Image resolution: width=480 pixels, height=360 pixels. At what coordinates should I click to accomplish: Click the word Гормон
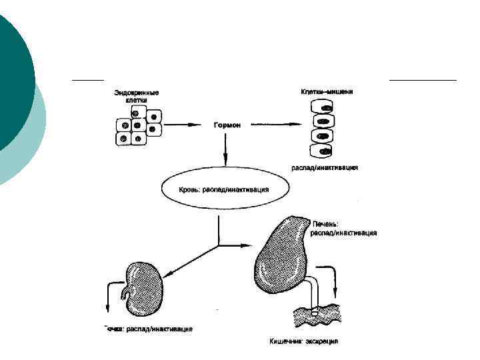(227, 125)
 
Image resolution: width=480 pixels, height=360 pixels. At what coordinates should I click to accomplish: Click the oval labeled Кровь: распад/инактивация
(224, 190)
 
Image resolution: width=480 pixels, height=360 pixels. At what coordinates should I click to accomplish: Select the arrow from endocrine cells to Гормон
(183, 125)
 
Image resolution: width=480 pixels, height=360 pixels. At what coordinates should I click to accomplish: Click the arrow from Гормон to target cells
(277, 125)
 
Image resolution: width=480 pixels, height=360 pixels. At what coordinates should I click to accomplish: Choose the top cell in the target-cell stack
(323, 107)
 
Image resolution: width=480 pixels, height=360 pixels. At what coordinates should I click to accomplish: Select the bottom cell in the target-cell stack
(323, 149)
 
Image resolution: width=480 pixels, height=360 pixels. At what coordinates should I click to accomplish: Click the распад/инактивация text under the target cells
(325, 167)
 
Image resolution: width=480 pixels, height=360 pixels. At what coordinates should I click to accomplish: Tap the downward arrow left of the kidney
(107, 297)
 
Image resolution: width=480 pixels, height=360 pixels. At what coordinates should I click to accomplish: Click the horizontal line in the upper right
(423, 80)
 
